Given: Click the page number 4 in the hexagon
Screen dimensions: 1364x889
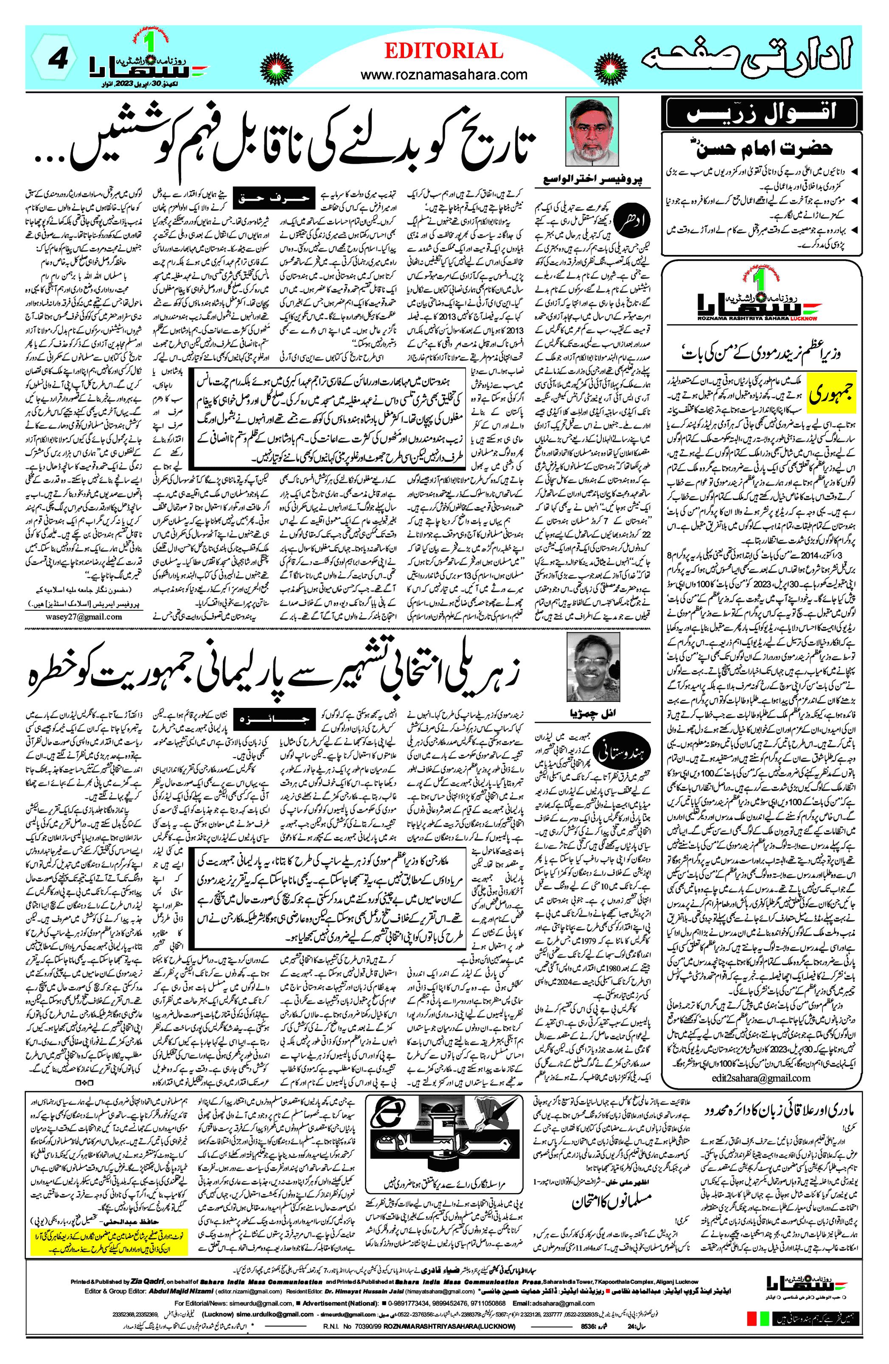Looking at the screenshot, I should [x=57, y=60].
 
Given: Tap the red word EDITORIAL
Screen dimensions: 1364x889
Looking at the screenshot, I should [x=443, y=51].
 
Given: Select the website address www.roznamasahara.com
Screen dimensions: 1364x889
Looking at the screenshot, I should [x=443, y=75].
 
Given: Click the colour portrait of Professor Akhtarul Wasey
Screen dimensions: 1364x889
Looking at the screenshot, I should [x=592, y=132].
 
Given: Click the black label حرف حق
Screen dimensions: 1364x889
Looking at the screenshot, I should [x=274, y=198].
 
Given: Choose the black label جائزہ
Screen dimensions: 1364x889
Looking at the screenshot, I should [x=274, y=718].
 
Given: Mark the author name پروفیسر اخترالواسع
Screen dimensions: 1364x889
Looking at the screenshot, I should [x=592, y=179].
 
